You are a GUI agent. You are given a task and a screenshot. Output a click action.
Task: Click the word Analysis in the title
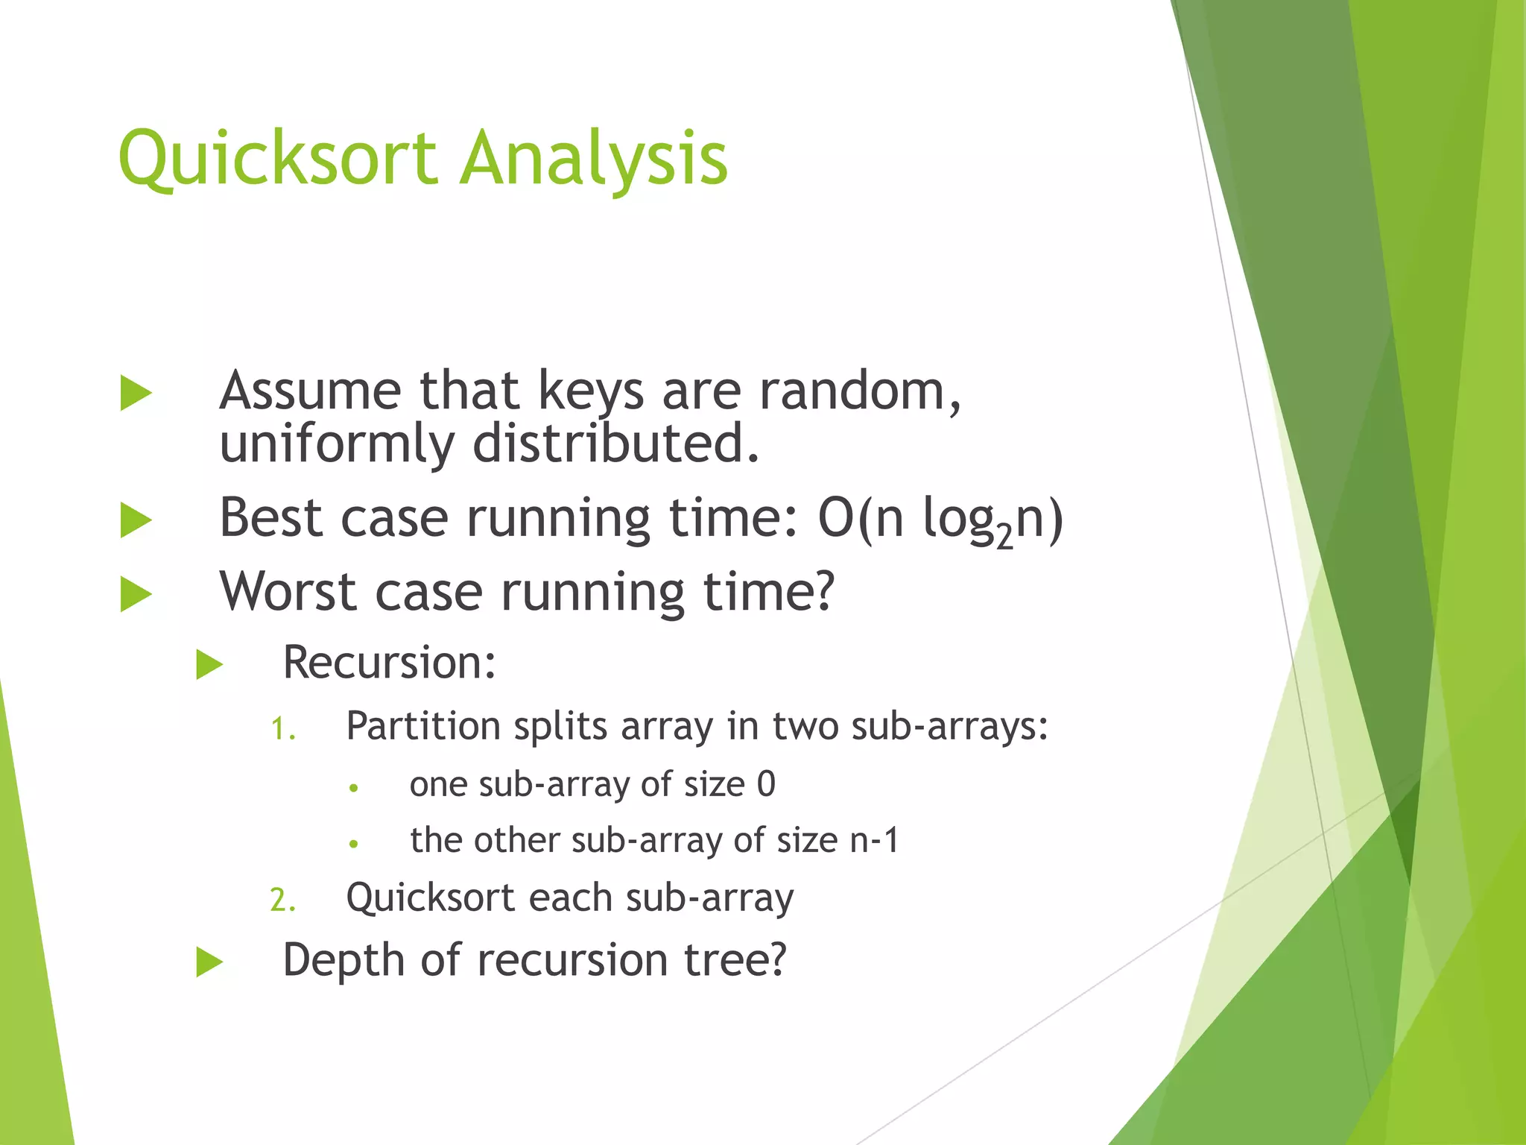[593, 158]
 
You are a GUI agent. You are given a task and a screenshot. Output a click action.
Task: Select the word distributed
[615, 443]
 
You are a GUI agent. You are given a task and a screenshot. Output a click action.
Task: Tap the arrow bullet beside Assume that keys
[136, 393]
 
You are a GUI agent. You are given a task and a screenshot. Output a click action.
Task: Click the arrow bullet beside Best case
[136, 520]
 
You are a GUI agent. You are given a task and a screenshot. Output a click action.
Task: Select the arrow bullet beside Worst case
[136, 594]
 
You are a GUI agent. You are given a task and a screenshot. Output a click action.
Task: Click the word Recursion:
[389, 662]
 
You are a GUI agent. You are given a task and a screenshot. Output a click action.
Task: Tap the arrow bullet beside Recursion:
[209, 664]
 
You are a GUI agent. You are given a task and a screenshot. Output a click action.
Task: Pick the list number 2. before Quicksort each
[282, 900]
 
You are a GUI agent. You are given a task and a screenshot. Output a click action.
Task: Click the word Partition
[423, 726]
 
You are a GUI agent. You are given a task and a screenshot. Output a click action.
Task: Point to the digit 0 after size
[766, 784]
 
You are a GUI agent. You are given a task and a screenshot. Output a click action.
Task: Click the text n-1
[875, 841]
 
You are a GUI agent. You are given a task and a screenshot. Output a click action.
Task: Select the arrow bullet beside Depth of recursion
[209, 962]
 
